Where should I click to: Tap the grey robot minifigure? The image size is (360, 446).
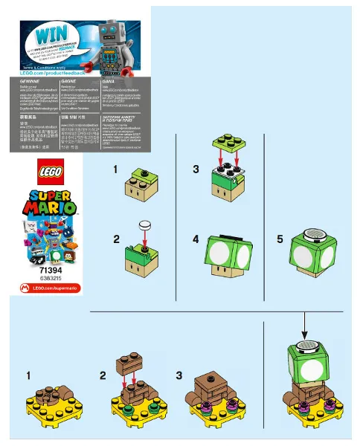point(112,46)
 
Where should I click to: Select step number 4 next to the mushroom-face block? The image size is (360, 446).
point(196,240)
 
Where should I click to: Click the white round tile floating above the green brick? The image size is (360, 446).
point(146,224)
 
